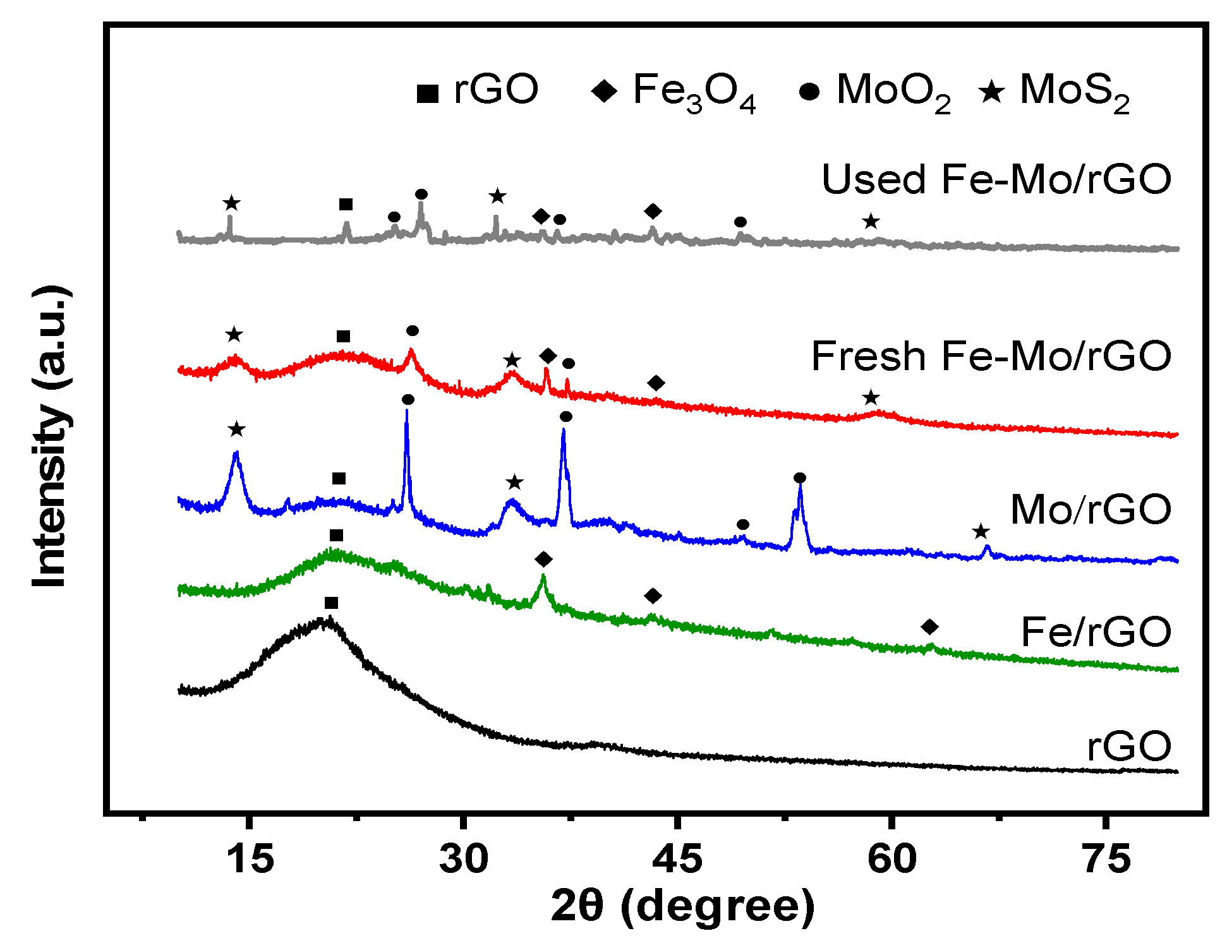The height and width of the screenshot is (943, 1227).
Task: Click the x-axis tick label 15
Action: point(251,860)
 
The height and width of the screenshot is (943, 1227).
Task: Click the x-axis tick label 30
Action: point(464,860)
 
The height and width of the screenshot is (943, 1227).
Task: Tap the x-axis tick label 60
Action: point(892,860)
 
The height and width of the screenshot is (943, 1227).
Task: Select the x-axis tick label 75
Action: point(1106,860)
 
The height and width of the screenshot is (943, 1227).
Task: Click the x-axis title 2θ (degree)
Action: point(683,907)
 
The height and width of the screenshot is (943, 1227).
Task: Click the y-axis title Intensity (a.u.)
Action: point(51,436)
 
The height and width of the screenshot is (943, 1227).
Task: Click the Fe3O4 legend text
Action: point(694,92)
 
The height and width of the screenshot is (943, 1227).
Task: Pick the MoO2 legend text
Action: point(893,92)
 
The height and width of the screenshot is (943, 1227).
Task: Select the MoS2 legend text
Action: point(1074,92)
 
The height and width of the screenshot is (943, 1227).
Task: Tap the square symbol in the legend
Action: point(428,93)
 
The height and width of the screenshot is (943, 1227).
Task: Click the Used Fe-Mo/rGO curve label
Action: point(996,179)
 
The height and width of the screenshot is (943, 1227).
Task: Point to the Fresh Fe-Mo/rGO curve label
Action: point(991,356)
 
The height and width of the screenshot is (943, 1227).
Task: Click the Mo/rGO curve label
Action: point(1091,509)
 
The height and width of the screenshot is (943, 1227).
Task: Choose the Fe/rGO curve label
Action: point(1096,632)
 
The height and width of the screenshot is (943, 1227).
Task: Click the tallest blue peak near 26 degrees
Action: point(406,412)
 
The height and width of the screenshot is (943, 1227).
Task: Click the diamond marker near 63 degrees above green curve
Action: point(929,627)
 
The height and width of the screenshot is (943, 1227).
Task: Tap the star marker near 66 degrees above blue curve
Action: point(980,532)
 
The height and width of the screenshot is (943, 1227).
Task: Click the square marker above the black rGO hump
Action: point(331,603)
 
